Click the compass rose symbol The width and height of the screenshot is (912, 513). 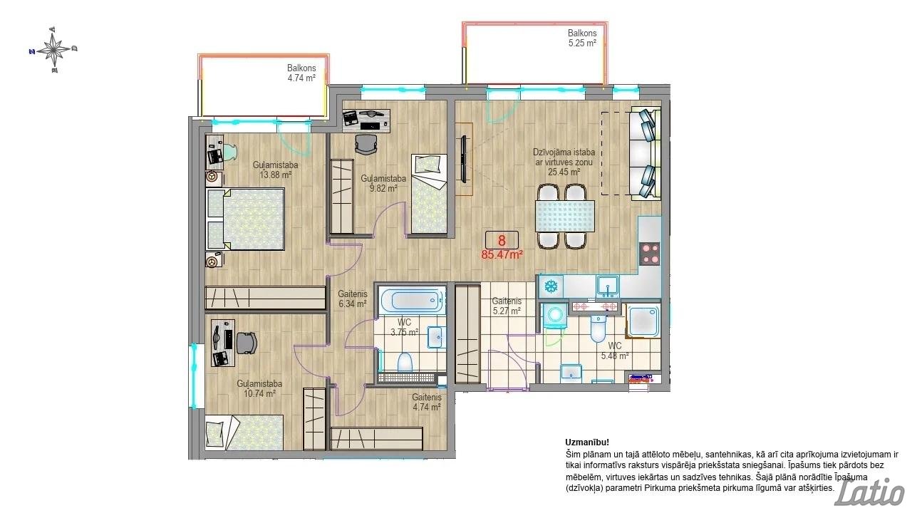tap(53, 50)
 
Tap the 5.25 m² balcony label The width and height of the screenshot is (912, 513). tap(582, 38)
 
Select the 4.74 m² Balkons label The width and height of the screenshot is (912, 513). tap(301, 73)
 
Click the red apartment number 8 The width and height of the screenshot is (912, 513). tap(502, 240)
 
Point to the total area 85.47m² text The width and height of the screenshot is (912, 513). tap(502, 255)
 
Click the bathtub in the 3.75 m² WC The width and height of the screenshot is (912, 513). tap(413, 301)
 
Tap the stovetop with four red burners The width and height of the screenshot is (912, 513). tap(649, 254)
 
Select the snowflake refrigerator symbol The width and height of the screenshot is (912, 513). tap(551, 286)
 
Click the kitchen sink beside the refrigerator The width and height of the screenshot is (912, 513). tap(608, 286)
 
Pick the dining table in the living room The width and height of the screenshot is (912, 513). tap(566, 216)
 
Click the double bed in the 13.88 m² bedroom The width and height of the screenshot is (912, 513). tap(245, 219)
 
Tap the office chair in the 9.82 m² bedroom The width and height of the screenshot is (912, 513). tap(366, 144)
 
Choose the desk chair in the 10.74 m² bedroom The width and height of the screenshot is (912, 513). tap(247, 343)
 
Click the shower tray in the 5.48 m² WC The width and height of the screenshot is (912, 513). tap(643, 321)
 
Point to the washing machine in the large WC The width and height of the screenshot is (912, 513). tap(555, 316)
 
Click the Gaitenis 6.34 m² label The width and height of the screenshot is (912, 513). tap(353, 299)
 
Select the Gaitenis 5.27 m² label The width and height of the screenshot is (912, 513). tap(507, 306)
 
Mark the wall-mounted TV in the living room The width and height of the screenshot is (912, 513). tap(463, 159)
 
